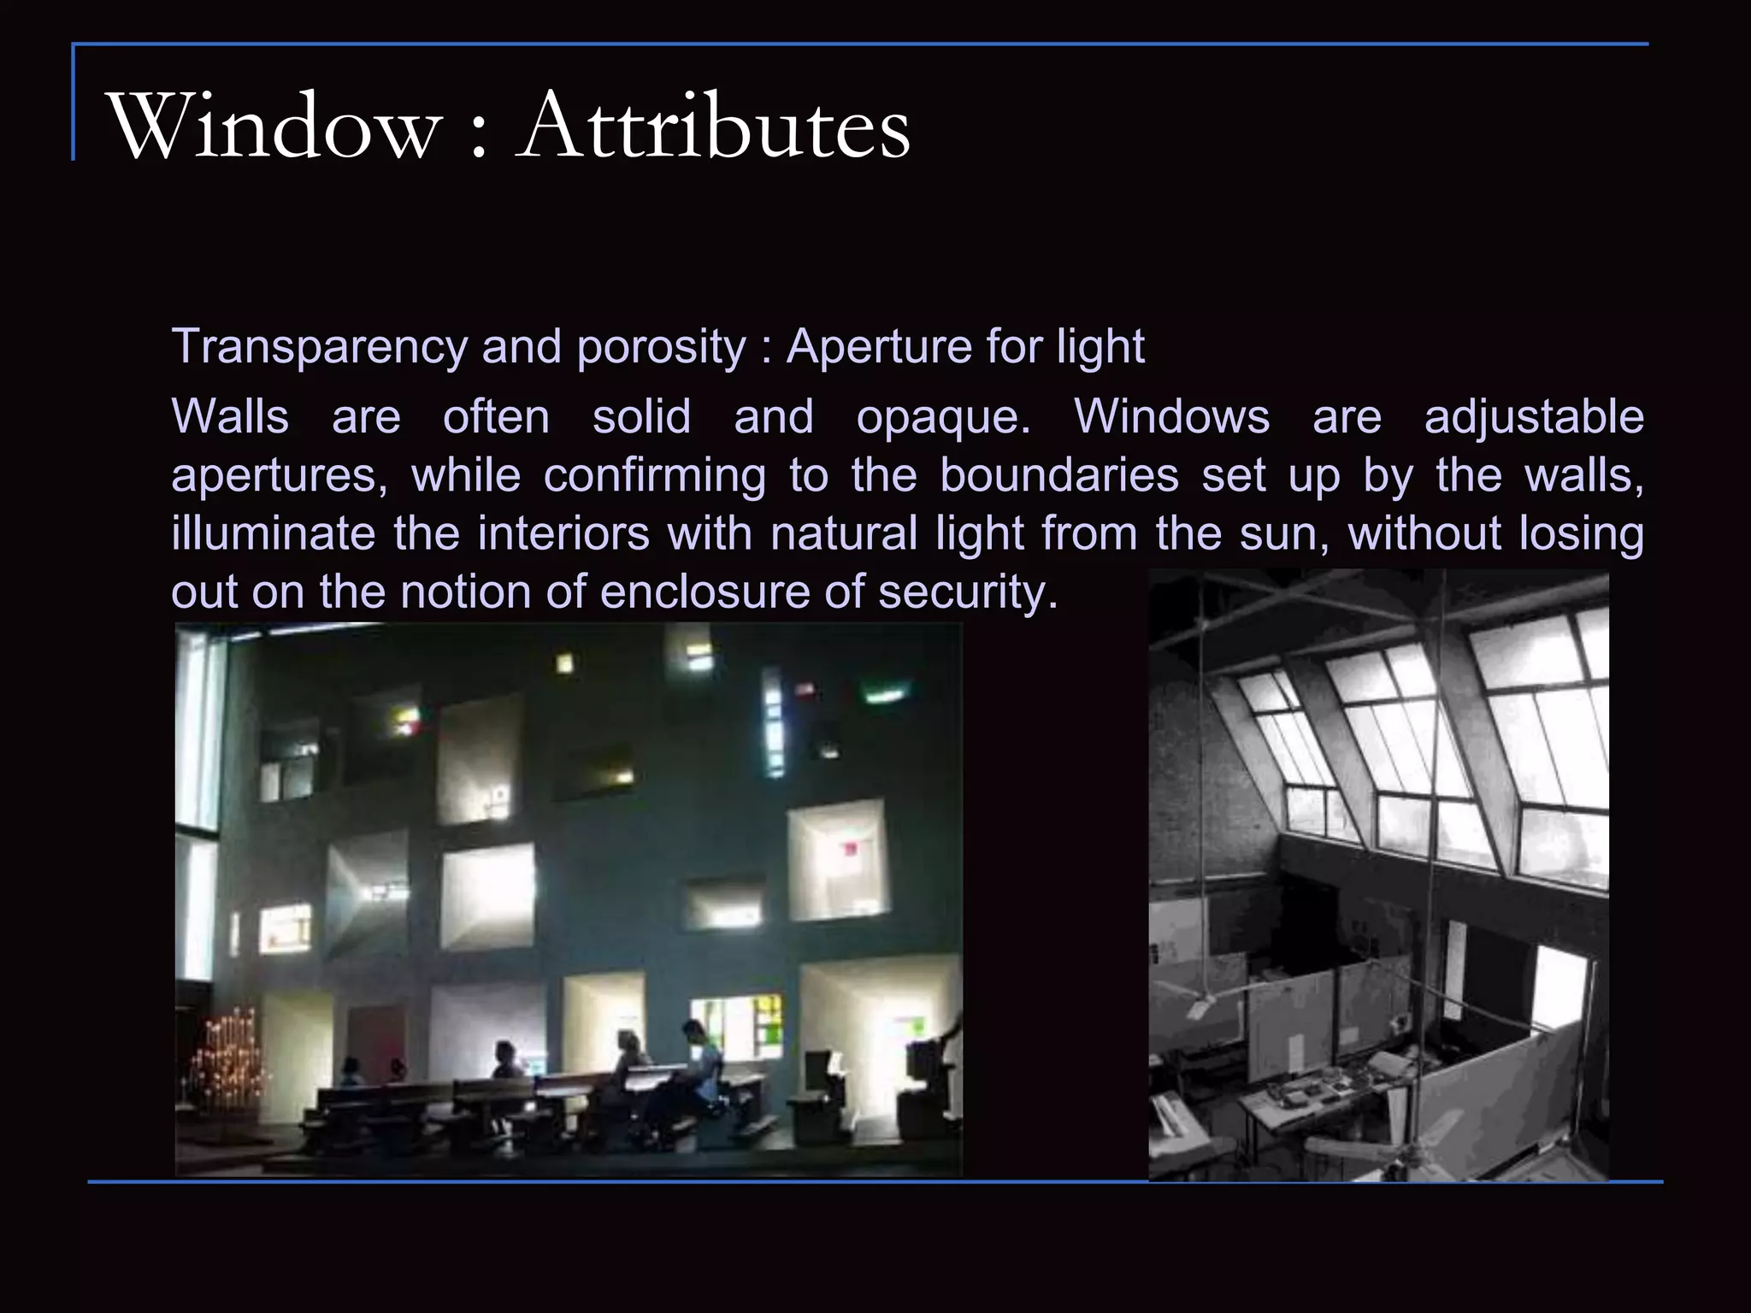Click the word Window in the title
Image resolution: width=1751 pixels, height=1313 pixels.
point(274,128)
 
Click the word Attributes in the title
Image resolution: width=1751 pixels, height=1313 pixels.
point(714,128)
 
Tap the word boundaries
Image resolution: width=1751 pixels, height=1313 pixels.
point(1059,475)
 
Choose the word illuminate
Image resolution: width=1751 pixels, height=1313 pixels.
point(273,533)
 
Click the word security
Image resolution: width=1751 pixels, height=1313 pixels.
point(968,592)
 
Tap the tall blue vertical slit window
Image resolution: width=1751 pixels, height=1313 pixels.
point(773,722)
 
